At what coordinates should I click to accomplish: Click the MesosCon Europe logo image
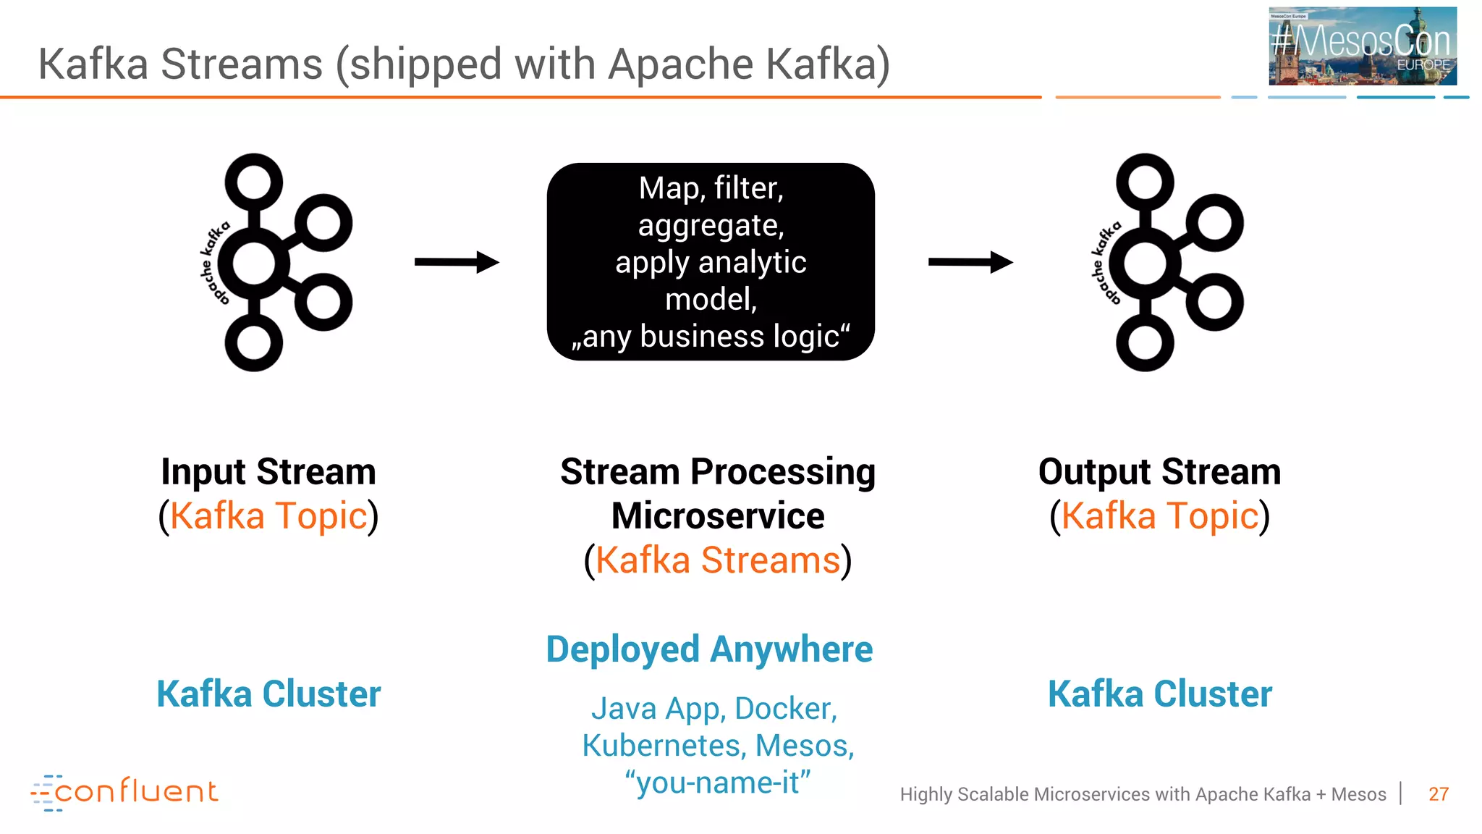[x=1362, y=46]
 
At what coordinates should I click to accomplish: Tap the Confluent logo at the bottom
[x=124, y=791]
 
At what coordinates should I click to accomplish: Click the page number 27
[x=1438, y=794]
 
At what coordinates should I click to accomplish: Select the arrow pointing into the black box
[x=457, y=262]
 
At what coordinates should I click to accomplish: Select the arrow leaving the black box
[x=970, y=262]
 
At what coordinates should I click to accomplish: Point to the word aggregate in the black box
[x=711, y=226]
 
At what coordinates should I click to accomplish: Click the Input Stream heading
[x=268, y=472]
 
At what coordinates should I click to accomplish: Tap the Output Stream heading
[x=1159, y=472]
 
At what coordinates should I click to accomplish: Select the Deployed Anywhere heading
[x=709, y=649]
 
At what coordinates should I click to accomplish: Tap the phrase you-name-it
[x=717, y=783]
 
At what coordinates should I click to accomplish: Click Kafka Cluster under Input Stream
[x=268, y=694]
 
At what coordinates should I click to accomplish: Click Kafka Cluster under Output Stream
[x=1159, y=694]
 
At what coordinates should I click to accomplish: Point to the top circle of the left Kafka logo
[x=253, y=182]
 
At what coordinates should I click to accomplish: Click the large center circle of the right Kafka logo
[x=1145, y=264]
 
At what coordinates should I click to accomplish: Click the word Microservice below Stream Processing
[x=717, y=516]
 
